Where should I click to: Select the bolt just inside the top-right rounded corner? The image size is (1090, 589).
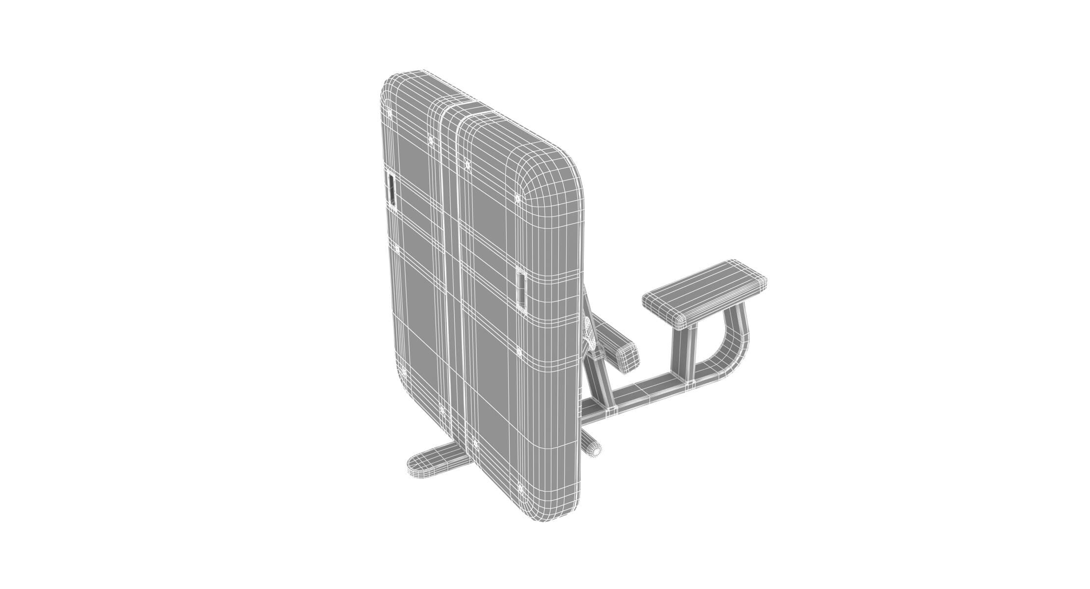point(517,198)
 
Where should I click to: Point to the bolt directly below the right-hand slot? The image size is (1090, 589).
point(519,352)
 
